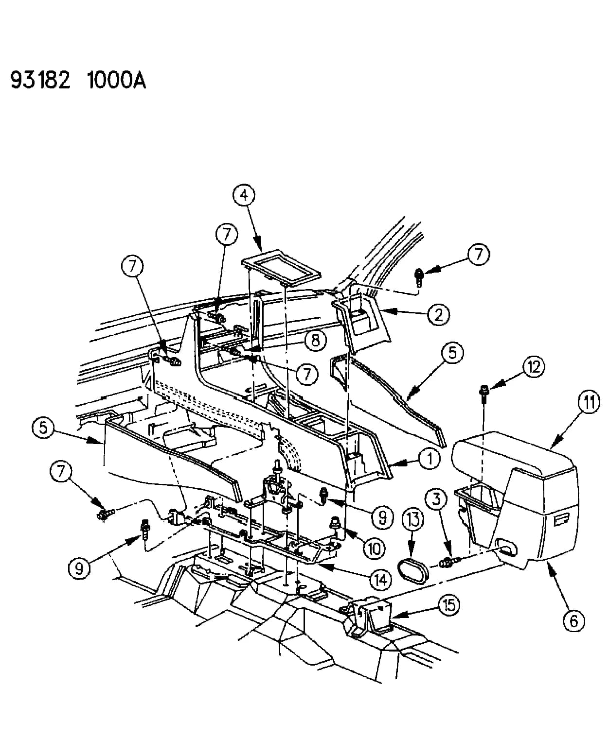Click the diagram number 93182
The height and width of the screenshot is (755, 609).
click(40, 80)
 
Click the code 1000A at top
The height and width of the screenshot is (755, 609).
click(116, 80)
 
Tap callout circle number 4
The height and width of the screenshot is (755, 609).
click(244, 195)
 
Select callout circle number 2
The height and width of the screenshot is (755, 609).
click(439, 314)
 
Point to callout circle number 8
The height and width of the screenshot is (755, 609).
click(315, 340)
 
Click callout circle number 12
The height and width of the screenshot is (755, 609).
click(534, 367)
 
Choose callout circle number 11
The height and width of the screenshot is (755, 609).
click(589, 402)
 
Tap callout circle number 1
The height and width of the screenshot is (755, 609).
click(430, 458)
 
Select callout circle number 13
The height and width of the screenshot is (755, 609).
click(413, 519)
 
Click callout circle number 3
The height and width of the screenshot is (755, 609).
click(436, 498)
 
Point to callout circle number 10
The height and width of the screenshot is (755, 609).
click(375, 549)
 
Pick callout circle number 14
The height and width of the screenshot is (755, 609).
click(381, 580)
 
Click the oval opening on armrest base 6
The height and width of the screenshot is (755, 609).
click(506, 549)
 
